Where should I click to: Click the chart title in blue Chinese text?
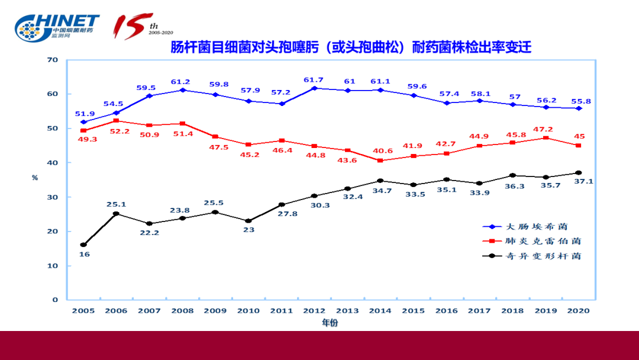351,47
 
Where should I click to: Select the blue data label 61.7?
314,80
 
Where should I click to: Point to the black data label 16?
84,254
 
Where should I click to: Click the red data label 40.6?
380,150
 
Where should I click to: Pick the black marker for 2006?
117,214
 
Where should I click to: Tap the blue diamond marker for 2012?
314,88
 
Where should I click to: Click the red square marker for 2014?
380,160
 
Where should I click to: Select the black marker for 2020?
578,173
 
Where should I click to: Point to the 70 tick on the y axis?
53,60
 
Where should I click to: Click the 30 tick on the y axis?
53,197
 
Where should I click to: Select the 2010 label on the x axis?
248,310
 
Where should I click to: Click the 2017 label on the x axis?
479,310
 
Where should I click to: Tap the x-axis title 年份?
330,323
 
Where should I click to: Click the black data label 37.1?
583,181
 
